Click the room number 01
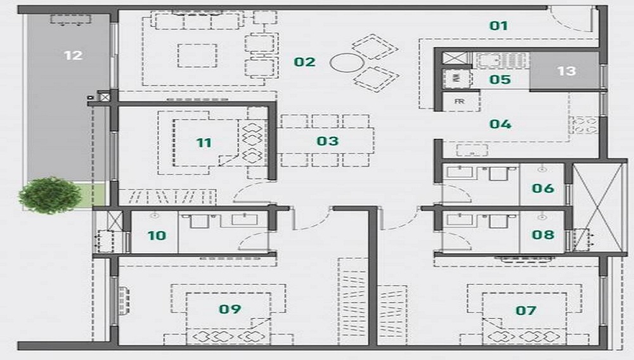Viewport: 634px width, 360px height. [498, 26]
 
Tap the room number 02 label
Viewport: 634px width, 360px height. [304, 62]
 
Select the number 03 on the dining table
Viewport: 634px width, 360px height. [328, 141]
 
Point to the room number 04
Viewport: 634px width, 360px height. [500, 124]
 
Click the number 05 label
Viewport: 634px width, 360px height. [500, 80]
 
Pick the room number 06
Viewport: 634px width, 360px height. [543, 188]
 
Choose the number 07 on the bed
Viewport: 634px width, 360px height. [526, 311]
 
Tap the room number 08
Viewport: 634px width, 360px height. [543, 235]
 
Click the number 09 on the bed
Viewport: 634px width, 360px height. [230, 309]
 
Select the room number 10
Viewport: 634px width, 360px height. [157, 236]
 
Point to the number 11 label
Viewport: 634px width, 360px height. [204, 143]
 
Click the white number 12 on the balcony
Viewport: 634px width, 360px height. [73, 55]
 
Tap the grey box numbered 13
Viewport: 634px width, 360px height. [564, 71]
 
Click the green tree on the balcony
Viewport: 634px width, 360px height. [49, 195]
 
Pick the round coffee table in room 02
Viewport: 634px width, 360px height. [347, 63]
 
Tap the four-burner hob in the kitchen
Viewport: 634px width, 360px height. [585, 125]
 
